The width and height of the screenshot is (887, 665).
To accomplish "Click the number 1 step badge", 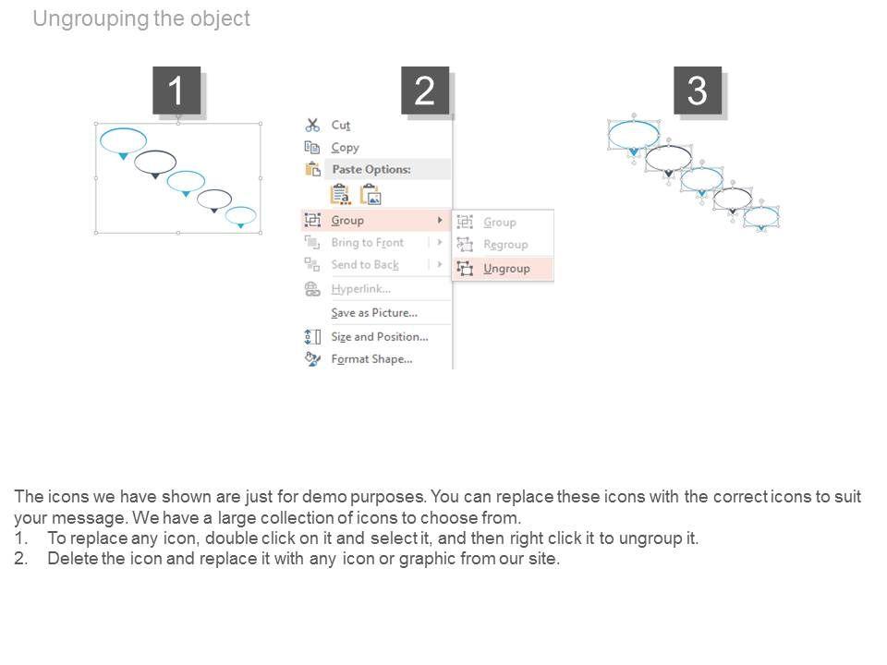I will coord(176,91).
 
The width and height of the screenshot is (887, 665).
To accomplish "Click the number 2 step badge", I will coord(424,91).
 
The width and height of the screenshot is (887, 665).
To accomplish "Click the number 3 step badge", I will coord(698,91).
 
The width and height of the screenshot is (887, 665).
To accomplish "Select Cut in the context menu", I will coord(341,125).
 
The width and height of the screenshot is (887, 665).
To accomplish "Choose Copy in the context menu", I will coord(345,147).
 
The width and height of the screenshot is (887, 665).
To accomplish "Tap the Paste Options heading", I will coord(371,169).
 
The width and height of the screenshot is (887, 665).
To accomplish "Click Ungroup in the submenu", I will coord(506,268).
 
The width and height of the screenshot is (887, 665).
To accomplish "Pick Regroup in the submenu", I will coord(505,245).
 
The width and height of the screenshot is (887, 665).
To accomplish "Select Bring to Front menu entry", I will coord(367,242).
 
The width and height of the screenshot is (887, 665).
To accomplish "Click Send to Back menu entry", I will coord(365,264).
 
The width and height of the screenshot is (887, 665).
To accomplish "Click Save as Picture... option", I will coord(373,312).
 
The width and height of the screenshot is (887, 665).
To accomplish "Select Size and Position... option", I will coord(379,336).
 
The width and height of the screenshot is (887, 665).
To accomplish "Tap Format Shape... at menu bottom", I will coord(371,358).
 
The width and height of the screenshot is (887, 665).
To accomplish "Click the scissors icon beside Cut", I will coord(312,125).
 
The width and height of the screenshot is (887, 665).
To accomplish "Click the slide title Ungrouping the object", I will coord(141,18).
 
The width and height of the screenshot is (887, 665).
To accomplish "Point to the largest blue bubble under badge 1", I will coord(123,140).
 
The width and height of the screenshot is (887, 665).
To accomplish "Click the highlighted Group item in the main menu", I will coord(347,220).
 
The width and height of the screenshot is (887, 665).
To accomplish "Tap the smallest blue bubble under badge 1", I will coord(241,215).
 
